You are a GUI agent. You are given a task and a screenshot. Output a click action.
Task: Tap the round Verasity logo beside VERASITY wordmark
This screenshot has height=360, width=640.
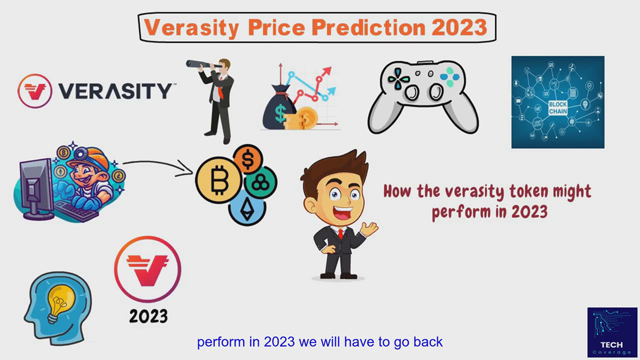pos(35,91)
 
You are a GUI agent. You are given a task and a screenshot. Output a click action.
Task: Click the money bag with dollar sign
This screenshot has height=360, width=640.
pos(279,110)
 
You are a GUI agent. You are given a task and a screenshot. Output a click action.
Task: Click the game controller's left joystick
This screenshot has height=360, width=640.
pos(412,91)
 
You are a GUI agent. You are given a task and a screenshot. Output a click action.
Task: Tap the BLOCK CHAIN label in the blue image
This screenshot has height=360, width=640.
pos(558,108)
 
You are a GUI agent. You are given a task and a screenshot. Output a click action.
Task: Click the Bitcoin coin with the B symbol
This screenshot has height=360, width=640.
pos(219,180)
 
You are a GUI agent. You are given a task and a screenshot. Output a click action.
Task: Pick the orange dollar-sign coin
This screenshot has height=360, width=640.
pos(248,159)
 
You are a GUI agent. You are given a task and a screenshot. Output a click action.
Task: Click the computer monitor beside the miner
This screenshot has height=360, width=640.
pos(35,187)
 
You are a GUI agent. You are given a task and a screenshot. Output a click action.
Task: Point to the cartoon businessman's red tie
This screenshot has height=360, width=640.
pos(340,234)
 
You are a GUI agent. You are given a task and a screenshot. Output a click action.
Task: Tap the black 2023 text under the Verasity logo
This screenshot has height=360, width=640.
pos(148,316)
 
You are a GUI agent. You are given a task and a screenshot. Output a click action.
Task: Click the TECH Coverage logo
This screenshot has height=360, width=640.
pos(612,332)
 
